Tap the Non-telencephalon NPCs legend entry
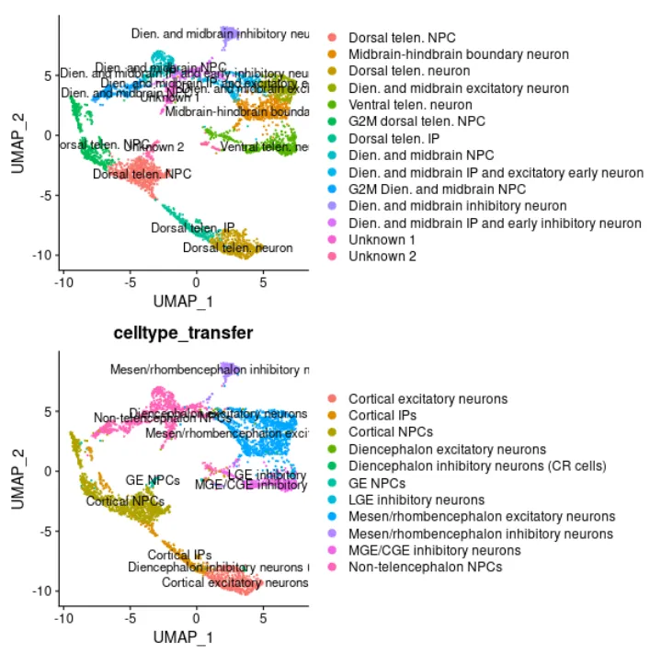click(425, 567)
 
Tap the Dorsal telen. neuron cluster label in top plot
click(238, 247)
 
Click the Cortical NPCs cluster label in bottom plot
click(125, 501)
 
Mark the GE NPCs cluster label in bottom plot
click(152, 480)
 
